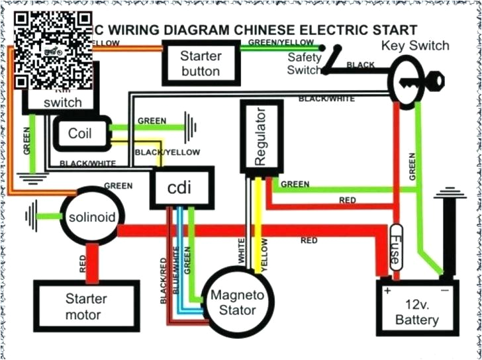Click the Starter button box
pyautogui.click(x=200, y=62)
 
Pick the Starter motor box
pyautogui.click(x=86, y=306)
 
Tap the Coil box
pyautogui.click(x=80, y=133)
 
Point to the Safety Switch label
pyautogui.click(x=304, y=63)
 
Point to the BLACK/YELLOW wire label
pyautogui.click(x=167, y=152)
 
